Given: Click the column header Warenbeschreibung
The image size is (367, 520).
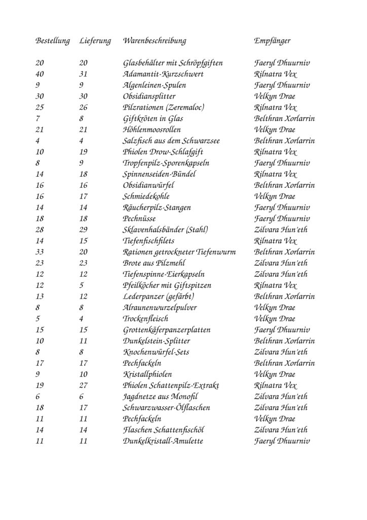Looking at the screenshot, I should coord(154,41).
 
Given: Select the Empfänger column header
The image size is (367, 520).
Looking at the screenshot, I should coord(272,41).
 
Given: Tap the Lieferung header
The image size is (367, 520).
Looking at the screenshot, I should coord(95,41).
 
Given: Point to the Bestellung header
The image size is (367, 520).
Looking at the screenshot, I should coord(52,41).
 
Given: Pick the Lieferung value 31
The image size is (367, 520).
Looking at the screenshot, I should coord(84,74).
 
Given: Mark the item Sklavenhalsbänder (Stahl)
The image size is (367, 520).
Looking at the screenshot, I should coord(165,230).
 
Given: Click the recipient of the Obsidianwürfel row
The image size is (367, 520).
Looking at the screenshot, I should coord(284,185).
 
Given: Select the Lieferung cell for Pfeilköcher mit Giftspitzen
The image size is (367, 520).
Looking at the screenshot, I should coord(82,285).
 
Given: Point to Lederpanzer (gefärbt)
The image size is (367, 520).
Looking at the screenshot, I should coord(159,297).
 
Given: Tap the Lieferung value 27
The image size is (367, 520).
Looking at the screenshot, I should coord(84,385).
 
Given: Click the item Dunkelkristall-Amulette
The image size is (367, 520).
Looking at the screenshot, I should coord(163,441).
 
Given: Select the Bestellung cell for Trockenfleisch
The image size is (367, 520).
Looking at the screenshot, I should coord(38,319).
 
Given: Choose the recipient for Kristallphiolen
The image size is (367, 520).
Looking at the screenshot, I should coord(274,374).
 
